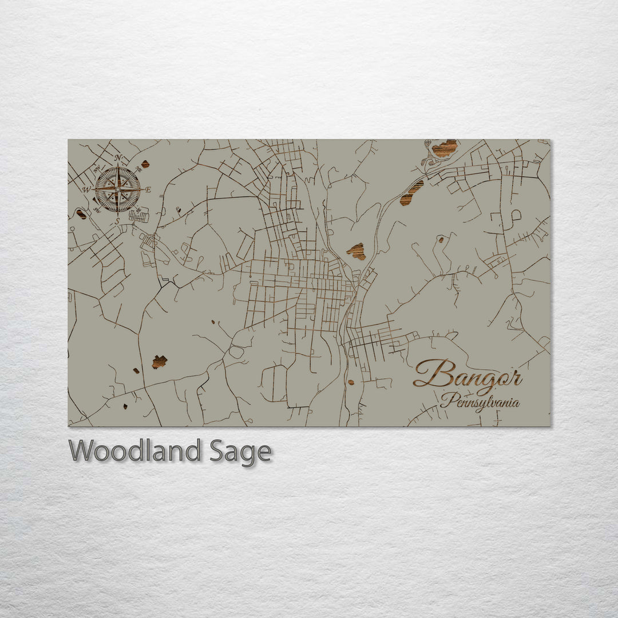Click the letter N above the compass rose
tap(118, 158)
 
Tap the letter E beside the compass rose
tap(148, 190)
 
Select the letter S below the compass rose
tap(117, 220)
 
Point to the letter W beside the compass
tap(87, 189)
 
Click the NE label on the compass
tap(138, 169)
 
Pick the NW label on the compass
tap(97, 168)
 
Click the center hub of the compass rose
tap(118, 189)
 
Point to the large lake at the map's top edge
tap(444, 148)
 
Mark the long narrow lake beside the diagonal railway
tap(411, 192)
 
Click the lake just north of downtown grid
tap(356, 251)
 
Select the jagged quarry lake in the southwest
tap(159, 362)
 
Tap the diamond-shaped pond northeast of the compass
tap(145, 164)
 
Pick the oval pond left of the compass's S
tap(81, 214)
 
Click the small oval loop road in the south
tap(236, 351)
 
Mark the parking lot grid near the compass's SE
tap(139, 216)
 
